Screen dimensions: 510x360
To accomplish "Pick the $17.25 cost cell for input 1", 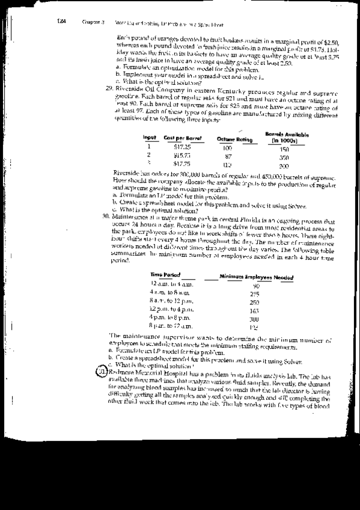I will (x=182, y=147).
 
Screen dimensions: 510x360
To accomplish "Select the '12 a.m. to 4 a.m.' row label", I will (x=170, y=283).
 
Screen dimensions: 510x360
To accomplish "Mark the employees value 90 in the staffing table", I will (x=255, y=285).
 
